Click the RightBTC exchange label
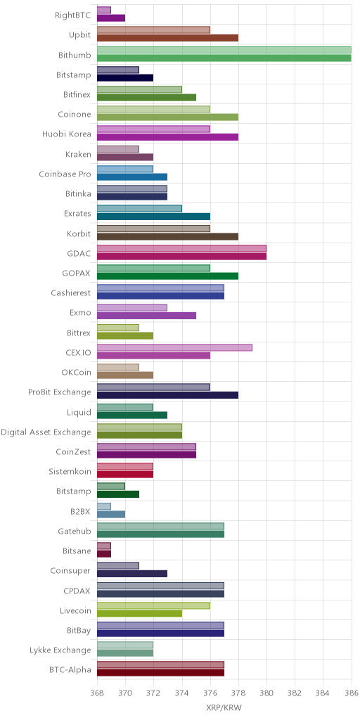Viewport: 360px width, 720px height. tap(72, 15)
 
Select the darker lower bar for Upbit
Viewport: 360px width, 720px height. tap(167, 38)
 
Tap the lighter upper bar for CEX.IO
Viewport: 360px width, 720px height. tap(174, 347)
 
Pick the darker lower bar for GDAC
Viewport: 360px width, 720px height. tap(181, 256)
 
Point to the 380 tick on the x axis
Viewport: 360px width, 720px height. tap(266, 693)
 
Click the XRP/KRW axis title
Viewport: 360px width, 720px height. tap(224, 708)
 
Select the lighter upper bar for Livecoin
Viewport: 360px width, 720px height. tap(153, 605)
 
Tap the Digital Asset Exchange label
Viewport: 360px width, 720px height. tap(46, 432)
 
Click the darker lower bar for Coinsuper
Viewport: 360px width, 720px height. tap(132, 574)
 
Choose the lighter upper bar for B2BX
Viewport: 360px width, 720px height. tap(104, 506)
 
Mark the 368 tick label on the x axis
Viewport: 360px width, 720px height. tap(97, 693)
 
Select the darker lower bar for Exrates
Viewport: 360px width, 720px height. tap(153, 217)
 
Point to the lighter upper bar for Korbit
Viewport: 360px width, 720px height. tap(153, 229)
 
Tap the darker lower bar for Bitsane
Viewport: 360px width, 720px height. tap(104, 554)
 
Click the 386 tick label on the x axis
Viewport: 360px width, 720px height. tap(352, 693)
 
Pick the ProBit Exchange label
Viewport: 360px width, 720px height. tap(60, 392)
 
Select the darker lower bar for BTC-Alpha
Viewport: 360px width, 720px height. tap(160, 673)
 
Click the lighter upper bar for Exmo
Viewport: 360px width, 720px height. tap(132, 308)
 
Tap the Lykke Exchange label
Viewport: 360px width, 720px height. tap(60, 650)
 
